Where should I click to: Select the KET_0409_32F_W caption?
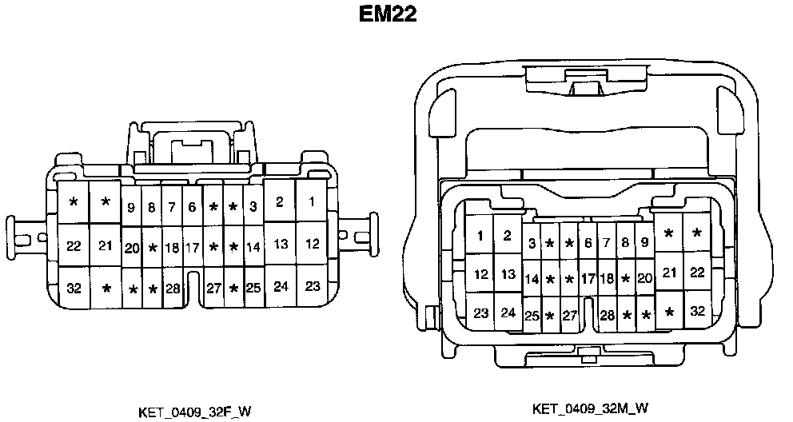pos(195,412)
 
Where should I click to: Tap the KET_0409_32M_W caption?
pos(590,408)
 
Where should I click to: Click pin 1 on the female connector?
pos(312,201)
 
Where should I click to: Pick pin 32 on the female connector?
pos(74,288)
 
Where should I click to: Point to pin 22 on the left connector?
pos(74,245)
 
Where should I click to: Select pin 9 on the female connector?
pos(131,208)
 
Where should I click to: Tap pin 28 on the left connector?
pos(173,288)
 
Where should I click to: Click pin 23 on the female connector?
pos(312,286)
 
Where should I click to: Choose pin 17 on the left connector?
pos(192,248)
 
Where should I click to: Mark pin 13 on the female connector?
pos(280,245)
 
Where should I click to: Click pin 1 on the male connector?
pos(480,235)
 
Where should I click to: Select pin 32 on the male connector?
pos(697,312)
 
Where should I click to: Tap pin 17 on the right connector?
pos(588,279)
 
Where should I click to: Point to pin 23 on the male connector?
pos(480,313)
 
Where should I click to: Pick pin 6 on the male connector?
pos(588,243)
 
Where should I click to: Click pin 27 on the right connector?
pos(568,316)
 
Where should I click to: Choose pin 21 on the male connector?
pos(670,273)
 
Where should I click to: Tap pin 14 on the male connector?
pos(532,279)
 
